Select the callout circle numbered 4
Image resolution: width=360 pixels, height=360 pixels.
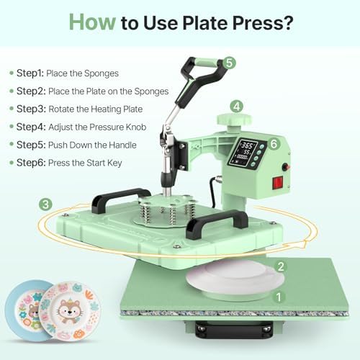236,106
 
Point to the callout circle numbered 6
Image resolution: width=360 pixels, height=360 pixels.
274,144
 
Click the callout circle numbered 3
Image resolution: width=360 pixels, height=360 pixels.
46,205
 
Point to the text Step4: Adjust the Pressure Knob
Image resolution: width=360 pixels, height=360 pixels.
78,127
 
